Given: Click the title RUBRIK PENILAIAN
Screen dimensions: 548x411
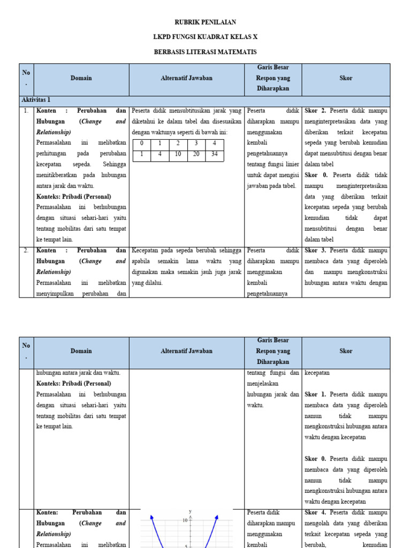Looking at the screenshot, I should [205, 22].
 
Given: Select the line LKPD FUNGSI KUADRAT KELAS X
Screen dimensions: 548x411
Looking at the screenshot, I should [205, 37].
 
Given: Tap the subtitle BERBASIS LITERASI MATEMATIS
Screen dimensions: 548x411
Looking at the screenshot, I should [205, 52].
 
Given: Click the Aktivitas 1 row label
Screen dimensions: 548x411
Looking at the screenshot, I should [36, 100].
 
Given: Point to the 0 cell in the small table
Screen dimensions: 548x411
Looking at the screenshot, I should [141, 144].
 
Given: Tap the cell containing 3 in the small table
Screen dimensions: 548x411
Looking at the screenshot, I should [196, 144].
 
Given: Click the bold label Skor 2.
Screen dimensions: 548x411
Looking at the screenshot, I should [316, 111].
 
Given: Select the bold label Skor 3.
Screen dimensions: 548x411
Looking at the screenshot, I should [316, 250].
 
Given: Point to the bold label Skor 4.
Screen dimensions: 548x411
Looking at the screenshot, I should [316, 513].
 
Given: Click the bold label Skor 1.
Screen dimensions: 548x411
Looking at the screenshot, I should [316, 394].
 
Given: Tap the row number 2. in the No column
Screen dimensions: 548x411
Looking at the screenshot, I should [26, 250].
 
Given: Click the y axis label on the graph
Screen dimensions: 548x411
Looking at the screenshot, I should [189, 512].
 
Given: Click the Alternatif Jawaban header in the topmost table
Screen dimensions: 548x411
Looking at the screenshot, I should [186, 78].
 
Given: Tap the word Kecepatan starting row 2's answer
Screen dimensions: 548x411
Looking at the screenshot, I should [146, 250].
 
